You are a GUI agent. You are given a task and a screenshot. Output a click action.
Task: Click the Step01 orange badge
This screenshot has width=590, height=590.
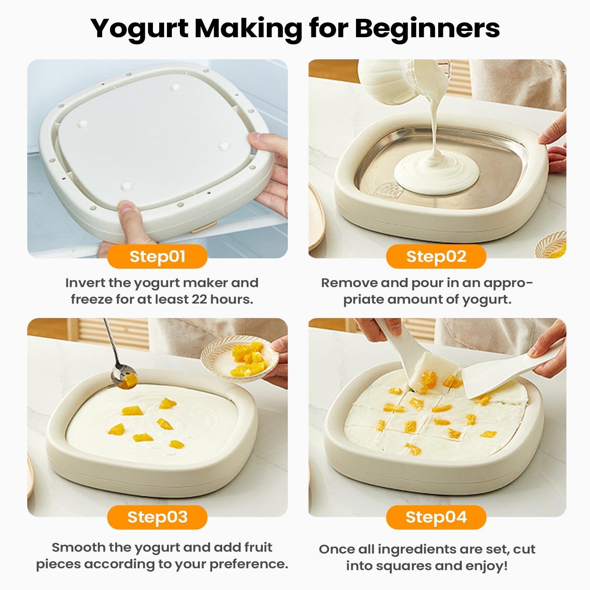[157, 256]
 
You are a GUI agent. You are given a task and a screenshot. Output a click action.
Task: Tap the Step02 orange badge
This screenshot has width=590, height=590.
[436, 256]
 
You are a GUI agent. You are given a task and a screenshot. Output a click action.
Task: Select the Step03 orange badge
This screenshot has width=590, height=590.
[157, 517]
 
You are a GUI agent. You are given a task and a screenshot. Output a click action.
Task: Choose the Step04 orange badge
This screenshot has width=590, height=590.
[436, 517]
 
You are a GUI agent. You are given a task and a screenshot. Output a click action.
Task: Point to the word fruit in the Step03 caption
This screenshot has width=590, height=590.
[258, 547]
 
